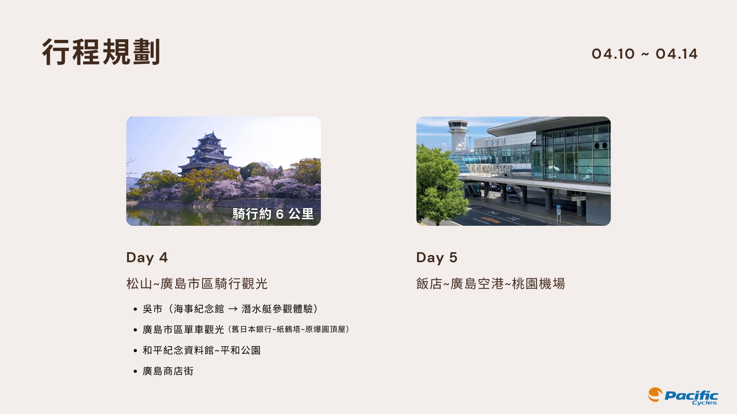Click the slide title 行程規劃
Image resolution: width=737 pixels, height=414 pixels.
point(101,52)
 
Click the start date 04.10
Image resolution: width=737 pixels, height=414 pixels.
point(613,54)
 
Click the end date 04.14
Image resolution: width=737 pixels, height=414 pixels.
point(676,54)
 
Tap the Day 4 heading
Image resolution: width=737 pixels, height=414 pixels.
point(147,258)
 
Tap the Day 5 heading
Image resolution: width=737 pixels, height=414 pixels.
point(437,258)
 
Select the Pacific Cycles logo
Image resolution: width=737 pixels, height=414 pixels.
point(683,396)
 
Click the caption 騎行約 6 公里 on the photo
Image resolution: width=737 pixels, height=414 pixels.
point(273,214)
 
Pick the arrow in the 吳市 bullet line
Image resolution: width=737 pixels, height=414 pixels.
point(233,309)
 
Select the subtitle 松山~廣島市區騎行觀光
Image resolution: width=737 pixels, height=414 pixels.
point(197,284)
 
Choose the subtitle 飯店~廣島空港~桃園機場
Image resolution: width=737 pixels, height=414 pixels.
point(491,284)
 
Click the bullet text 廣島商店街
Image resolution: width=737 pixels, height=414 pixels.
point(168,371)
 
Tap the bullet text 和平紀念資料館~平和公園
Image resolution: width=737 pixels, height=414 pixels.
point(202,350)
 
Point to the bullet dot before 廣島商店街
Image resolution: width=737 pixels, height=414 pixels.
point(135,371)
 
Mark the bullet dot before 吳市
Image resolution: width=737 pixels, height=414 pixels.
point(135,309)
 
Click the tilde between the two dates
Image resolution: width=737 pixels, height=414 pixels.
point(645,54)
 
